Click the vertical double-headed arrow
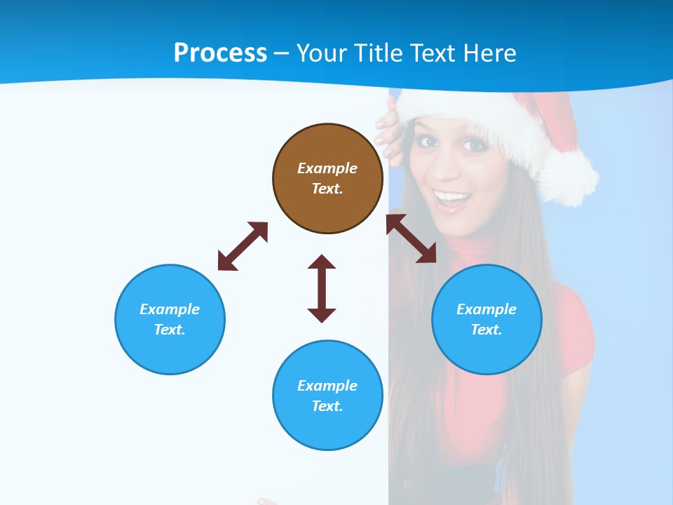(x=322, y=288)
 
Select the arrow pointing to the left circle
(x=243, y=246)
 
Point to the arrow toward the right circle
(x=412, y=238)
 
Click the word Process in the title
(x=220, y=53)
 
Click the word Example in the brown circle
(x=327, y=168)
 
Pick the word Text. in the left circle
(x=170, y=330)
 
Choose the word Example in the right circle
(x=487, y=309)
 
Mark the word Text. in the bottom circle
(x=327, y=406)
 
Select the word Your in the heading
(x=320, y=53)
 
